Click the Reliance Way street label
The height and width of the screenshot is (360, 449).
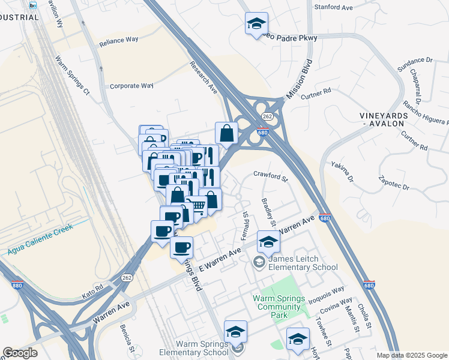coord(119,40)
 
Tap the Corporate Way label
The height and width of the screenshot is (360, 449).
coord(131,86)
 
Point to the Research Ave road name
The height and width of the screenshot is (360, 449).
coord(203,77)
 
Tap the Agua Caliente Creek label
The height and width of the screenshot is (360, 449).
coord(40,239)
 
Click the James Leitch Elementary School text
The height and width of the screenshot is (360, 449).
coord(303,263)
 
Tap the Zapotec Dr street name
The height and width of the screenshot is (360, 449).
coord(393,182)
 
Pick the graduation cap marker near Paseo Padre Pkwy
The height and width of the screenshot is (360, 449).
coord(256,25)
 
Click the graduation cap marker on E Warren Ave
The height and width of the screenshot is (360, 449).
coord(268,242)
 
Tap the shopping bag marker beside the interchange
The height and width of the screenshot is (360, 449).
coord(227,134)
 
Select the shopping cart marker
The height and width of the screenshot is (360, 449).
coord(197,206)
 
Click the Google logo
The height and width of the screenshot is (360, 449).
coord(20,353)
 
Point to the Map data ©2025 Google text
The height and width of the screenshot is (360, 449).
coord(411,355)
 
